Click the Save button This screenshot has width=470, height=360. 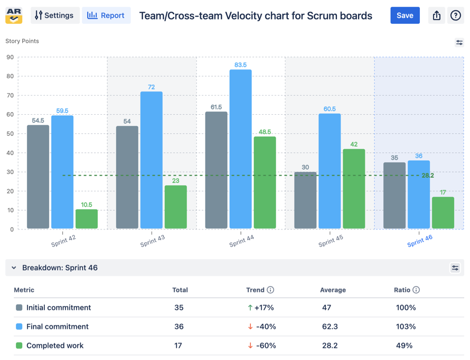(405, 15)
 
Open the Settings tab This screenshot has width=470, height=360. (55, 15)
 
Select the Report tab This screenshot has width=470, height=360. (106, 15)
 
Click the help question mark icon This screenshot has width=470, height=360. (455, 15)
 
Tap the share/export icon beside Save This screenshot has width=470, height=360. (436, 15)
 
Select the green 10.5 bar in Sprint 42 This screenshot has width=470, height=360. (87, 219)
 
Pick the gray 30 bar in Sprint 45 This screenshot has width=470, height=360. (305, 200)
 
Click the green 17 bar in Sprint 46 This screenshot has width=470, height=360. (443, 213)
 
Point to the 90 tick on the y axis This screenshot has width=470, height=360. (10, 57)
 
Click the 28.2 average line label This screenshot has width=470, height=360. (428, 176)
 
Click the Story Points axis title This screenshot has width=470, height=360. (22, 41)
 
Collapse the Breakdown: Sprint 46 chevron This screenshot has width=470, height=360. (14, 268)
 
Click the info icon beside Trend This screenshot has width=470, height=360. (270, 290)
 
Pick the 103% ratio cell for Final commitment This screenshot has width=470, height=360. (406, 327)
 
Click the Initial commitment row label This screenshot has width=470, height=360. (59, 308)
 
